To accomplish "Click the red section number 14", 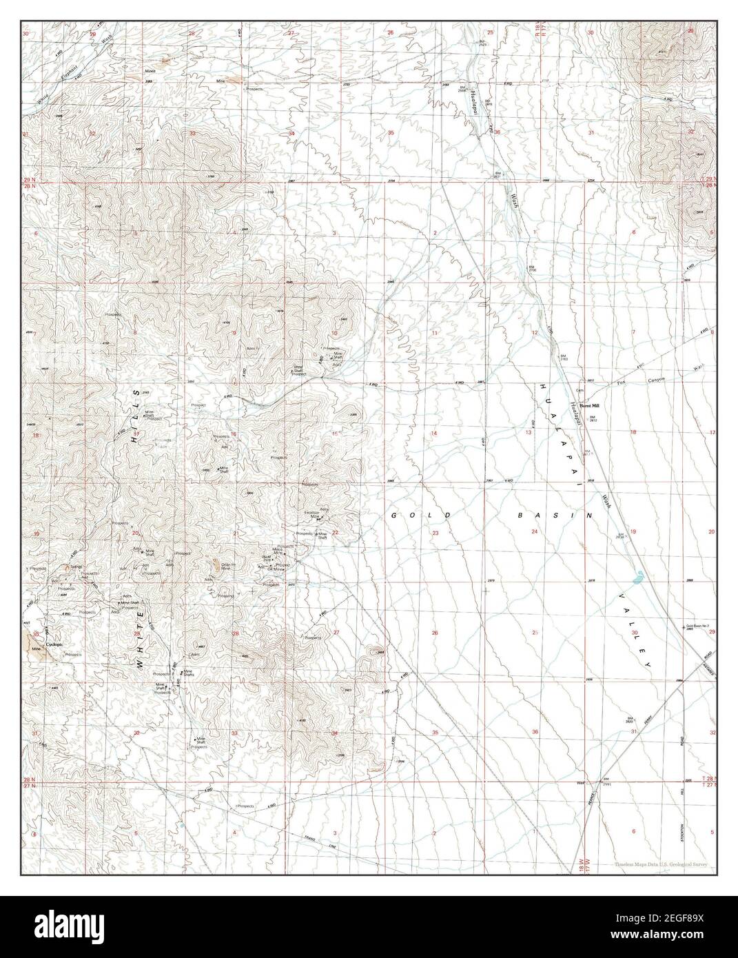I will pyautogui.click(x=434, y=434).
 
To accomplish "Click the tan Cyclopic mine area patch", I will pyautogui.click(x=33, y=641).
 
